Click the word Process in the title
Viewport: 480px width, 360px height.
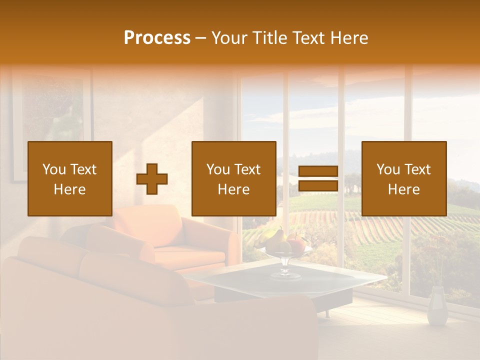coord(157,38)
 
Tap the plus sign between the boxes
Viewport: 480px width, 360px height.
coord(152,178)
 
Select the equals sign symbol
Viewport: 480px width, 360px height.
coord(318,178)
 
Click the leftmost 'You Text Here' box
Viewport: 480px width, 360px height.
coord(70,178)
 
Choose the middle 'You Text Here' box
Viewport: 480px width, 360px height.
coord(234,178)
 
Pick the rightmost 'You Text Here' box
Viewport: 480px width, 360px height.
coord(404,178)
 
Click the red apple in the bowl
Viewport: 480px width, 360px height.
coord(297,244)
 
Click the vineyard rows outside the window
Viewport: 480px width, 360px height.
coord(380,225)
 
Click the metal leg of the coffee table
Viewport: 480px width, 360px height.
coord(327,313)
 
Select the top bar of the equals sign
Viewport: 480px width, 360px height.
coord(318,171)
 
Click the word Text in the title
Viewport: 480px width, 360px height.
coord(306,38)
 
